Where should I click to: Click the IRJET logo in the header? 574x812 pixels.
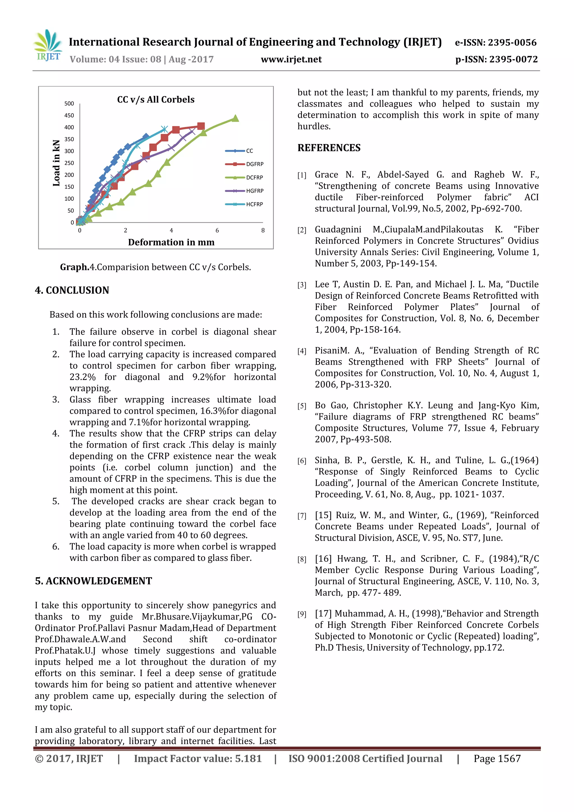click(x=48, y=46)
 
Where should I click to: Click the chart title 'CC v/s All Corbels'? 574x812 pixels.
click(x=156, y=100)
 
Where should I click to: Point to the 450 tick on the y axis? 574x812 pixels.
click(x=69, y=115)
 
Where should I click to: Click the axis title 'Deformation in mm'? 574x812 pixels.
click(x=171, y=242)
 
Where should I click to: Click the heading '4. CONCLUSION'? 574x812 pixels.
click(x=72, y=290)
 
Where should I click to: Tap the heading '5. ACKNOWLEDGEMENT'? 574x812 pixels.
click(x=93, y=581)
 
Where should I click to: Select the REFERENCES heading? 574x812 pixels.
click(x=329, y=148)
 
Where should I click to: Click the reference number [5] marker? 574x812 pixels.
click(x=302, y=406)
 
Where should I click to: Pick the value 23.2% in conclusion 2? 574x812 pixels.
click(x=82, y=377)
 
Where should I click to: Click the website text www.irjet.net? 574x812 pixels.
click(x=291, y=59)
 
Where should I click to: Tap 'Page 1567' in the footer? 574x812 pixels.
click(x=497, y=758)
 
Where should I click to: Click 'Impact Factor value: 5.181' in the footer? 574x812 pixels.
click(x=198, y=758)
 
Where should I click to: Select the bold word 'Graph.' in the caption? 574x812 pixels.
click(x=75, y=267)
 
